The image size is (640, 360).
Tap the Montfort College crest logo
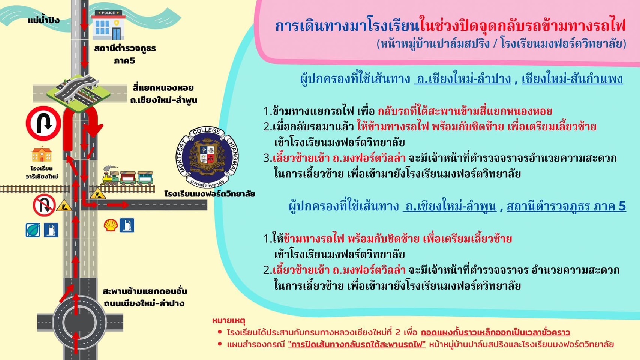207,157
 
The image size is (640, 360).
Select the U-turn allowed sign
43,123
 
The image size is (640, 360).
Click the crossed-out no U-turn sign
44,205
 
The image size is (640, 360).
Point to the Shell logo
111,225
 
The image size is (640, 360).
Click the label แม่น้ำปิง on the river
43,20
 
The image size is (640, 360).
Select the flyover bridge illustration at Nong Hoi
79,93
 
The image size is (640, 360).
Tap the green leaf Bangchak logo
33,230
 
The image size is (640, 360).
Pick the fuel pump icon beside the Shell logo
127,225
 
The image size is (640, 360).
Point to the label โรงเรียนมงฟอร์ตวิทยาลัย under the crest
210,194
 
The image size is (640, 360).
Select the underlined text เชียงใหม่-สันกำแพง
572,79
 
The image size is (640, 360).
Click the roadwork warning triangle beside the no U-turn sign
64,206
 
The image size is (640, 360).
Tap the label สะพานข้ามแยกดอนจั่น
145,291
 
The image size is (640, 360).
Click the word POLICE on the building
108,13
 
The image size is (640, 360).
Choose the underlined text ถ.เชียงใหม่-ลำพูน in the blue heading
450,206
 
